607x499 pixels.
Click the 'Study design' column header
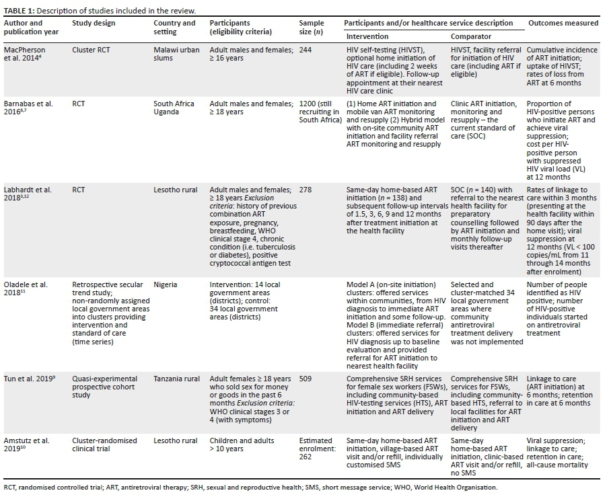(x=94, y=24)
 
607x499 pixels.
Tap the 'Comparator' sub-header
(x=470, y=36)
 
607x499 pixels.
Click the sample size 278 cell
(x=306, y=190)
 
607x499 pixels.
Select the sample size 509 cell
(x=306, y=379)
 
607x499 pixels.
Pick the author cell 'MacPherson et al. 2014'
(x=28, y=54)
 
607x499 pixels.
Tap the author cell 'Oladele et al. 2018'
(x=28, y=289)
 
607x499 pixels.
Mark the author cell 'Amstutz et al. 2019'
(x=28, y=445)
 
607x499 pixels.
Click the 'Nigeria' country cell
(x=166, y=284)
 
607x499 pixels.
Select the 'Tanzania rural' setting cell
(x=176, y=379)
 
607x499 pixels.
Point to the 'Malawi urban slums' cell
(x=174, y=54)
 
